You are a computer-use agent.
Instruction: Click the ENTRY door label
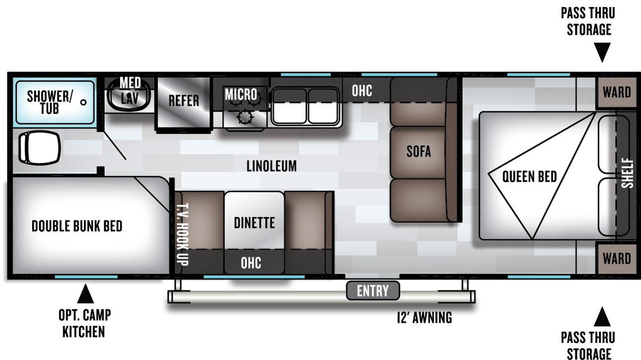(x=373, y=291)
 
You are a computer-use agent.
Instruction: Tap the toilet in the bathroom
(x=39, y=148)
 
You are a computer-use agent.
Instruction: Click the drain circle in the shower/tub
(x=84, y=102)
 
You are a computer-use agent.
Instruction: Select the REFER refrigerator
(x=184, y=103)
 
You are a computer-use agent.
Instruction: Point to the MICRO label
(x=241, y=94)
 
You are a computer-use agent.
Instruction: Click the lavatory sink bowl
(x=128, y=95)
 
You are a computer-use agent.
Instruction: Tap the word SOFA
(x=419, y=151)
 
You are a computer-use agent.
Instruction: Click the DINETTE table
(x=254, y=221)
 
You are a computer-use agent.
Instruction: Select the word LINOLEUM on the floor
(x=272, y=166)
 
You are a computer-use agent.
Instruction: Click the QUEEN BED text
(x=530, y=176)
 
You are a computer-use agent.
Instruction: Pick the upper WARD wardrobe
(x=617, y=93)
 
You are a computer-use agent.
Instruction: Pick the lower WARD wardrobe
(x=617, y=258)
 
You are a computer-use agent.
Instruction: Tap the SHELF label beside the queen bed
(x=627, y=173)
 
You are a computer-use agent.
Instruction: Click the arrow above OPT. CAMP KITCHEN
(x=85, y=294)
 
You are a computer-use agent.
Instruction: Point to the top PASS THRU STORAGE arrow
(x=602, y=52)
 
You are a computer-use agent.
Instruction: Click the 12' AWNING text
(x=425, y=318)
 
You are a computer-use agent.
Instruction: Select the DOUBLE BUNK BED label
(x=77, y=226)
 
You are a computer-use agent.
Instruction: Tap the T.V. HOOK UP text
(x=182, y=234)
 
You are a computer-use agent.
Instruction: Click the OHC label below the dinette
(x=251, y=263)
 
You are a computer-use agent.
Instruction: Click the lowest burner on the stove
(x=245, y=117)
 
